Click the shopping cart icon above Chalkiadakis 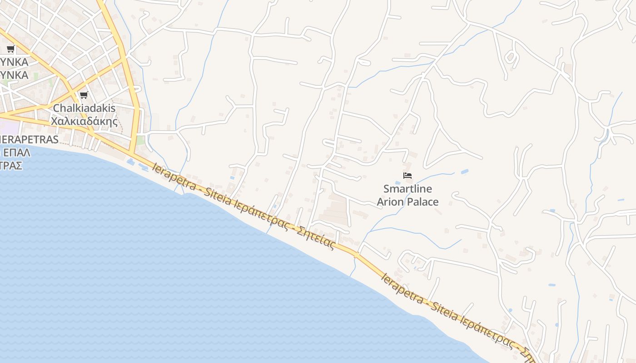click(84, 95)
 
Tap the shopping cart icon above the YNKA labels click(11, 49)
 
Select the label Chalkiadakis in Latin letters click(84, 108)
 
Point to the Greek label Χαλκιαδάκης click(84, 122)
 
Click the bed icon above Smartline click(407, 176)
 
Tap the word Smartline click(407, 189)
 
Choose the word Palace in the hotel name click(422, 202)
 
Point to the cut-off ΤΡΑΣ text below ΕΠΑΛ click(11, 165)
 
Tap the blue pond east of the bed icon click(464, 172)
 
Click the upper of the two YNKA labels click(14, 62)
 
